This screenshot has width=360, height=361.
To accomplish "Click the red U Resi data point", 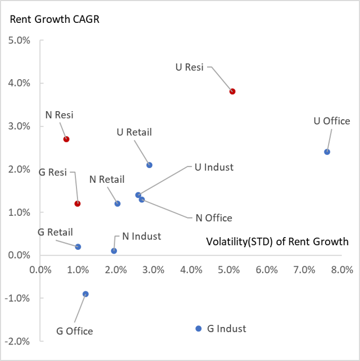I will pos(233,91).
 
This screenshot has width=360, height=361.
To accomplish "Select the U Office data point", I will pos(327,152).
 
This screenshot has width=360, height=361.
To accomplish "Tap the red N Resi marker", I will pos(66,139).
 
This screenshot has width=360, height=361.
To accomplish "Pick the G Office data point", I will pos(85,294).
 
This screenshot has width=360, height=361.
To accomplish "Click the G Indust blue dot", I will pos(199,329).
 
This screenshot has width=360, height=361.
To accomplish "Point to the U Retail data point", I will pos(150,165).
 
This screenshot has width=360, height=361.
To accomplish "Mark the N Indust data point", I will pos(114,251).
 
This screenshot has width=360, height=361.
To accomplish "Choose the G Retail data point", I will pos(78,247).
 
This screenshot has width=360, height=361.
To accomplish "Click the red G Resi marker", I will pos(78,204).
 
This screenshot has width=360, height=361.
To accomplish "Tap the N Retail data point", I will pos(118,204).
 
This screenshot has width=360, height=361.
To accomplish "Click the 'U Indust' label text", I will pos(214,167).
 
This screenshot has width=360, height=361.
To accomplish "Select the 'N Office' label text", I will pos(214,218).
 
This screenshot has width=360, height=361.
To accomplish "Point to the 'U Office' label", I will pos(332,121).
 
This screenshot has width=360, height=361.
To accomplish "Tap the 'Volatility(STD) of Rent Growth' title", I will pos(277,242).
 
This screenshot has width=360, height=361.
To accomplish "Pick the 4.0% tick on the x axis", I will pos(191,269).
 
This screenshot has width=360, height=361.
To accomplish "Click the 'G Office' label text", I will pos(74,331).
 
